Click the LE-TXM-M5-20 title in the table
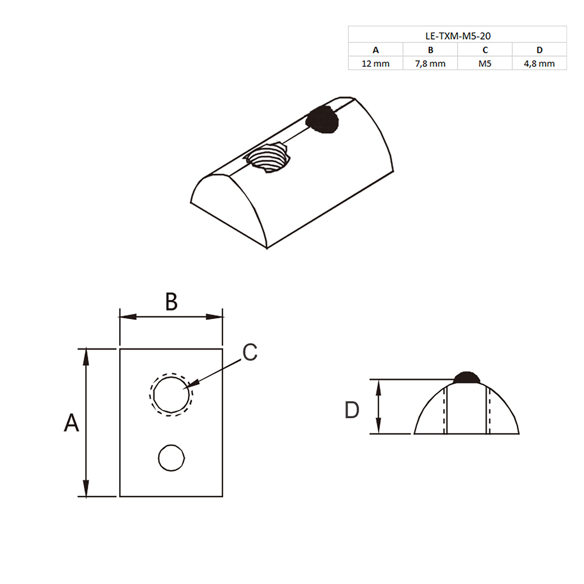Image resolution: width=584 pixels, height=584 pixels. pyautogui.click(x=458, y=36)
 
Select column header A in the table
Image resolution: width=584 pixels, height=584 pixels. pyautogui.click(x=375, y=50)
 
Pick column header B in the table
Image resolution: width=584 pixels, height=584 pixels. pyautogui.click(x=431, y=50)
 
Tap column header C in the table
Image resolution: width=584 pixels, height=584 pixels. pyautogui.click(x=485, y=50)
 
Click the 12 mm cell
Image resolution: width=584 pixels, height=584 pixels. pyautogui.click(x=375, y=64)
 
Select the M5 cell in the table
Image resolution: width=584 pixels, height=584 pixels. pyautogui.click(x=485, y=64)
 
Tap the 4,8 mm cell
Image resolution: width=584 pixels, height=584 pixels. pyautogui.click(x=539, y=64)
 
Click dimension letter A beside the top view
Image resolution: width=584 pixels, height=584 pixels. pyautogui.click(x=71, y=423)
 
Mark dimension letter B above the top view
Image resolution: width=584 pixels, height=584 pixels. pyautogui.click(x=171, y=302)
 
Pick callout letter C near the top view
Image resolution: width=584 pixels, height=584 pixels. pyautogui.click(x=250, y=352)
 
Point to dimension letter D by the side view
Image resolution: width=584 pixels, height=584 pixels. pyautogui.click(x=352, y=410)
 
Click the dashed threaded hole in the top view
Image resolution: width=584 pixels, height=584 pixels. pyautogui.click(x=171, y=395)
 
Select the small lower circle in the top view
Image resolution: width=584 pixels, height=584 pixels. pyautogui.click(x=171, y=458)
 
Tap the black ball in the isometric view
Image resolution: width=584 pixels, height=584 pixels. pyautogui.click(x=322, y=119)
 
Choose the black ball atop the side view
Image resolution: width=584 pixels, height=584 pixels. pyautogui.click(x=467, y=378)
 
